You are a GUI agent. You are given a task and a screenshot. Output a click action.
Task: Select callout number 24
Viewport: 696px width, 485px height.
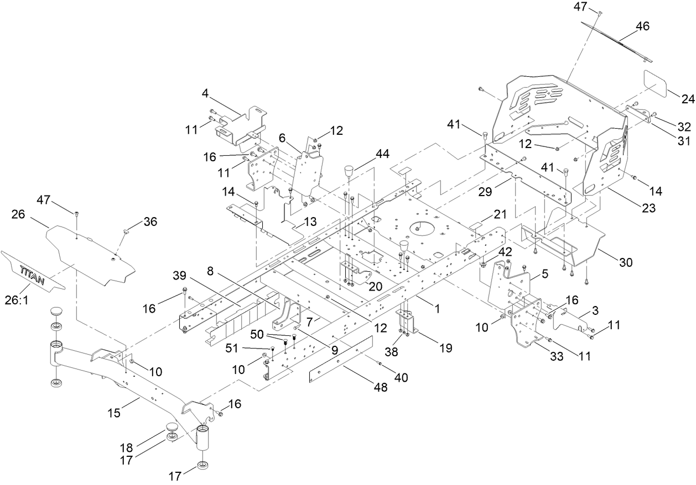(x=688, y=99)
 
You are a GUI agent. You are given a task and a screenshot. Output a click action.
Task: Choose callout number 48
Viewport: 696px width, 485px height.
(x=380, y=388)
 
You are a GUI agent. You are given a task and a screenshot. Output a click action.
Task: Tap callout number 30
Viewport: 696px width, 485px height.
(x=625, y=263)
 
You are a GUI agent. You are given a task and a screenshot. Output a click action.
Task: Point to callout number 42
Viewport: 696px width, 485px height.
(x=505, y=251)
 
